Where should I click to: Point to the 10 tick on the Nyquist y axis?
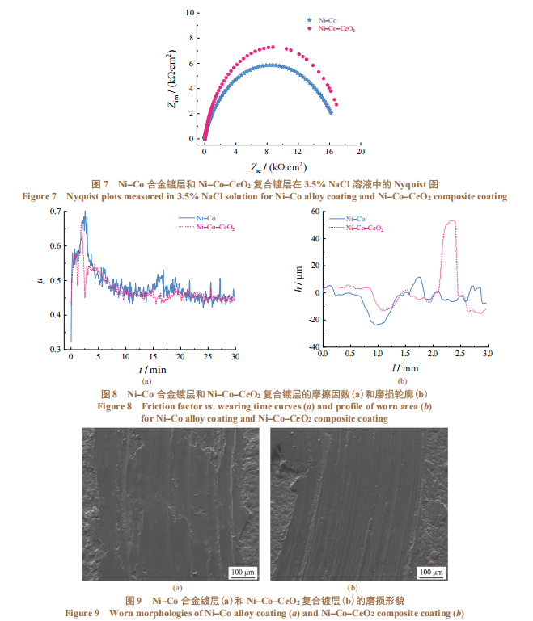click(x=191, y=13)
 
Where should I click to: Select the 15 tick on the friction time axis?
click(x=153, y=356)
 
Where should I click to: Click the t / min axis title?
click(x=152, y=369)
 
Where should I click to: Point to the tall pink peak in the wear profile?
click(x=451, y=221)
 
